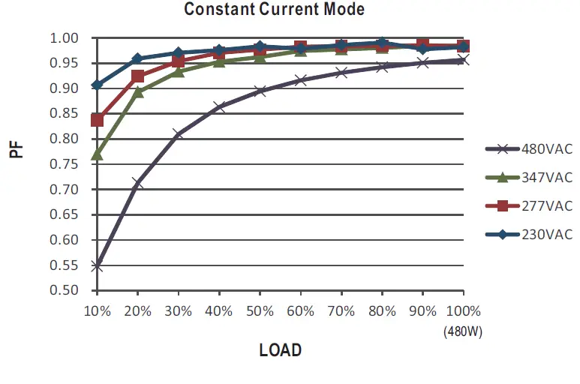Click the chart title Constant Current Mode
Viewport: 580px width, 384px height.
[x=274, y=10]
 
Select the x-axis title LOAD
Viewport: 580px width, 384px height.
[x=280, y=349]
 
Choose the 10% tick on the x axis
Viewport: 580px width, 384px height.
[x=97, y=310]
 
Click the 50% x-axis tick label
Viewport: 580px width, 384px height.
[x=260, y=310]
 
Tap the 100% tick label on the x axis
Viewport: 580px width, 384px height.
[x=461, y=310]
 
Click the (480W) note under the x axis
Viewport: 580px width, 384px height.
[x=462, y=330]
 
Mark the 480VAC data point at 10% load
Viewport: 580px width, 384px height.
[x=97, y=265]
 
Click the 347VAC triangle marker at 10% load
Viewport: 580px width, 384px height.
[x=97, y=154]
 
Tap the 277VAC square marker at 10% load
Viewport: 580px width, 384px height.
[x=97, y=120]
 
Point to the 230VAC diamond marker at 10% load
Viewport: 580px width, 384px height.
[x=97, y=85]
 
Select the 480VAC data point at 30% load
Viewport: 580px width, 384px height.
[x=178, y=134]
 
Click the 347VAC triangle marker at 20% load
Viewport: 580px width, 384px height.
[x=137, y=92]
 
